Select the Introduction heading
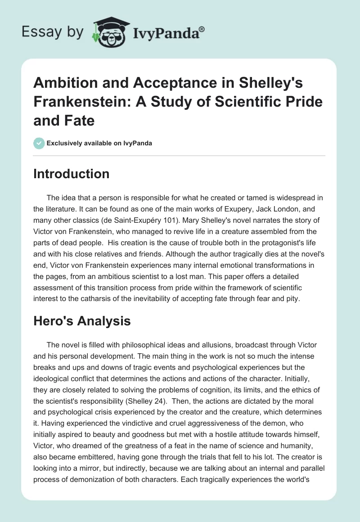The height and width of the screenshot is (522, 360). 71,174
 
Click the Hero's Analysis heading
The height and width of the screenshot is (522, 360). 82,321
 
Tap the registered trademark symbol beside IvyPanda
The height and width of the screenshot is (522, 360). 202,28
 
